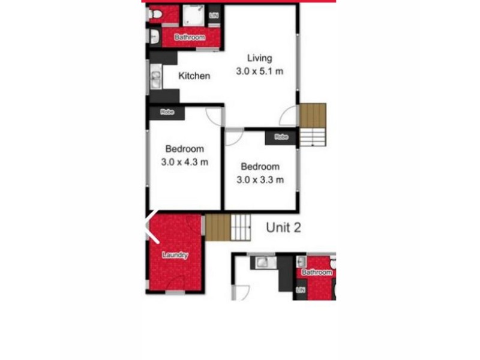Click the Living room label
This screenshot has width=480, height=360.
click(x=260, y=58)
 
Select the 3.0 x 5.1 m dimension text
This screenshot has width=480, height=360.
click(x=260, y=71)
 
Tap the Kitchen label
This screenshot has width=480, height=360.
click(x=194, y=76)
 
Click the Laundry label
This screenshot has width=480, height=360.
click(x=175, y=255)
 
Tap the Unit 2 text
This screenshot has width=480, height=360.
click(x=283, y=227)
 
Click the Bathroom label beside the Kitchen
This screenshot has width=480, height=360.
click(x=190, y=37)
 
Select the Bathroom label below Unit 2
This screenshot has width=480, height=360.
click(x=316, y=272)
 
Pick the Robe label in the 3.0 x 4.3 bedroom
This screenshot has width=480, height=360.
click(x=167, y=112)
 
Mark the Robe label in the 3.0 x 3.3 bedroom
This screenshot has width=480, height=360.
click(x=281, y=137)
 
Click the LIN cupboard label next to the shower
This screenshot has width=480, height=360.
click(x=214, y=14)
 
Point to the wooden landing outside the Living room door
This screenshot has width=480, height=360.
click(x=313, y=115)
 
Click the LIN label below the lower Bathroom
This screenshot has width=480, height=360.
click(x=300, y=291)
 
